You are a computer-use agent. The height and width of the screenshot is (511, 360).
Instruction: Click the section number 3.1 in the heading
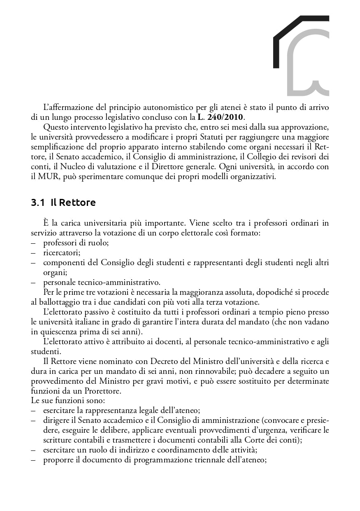point(38,202)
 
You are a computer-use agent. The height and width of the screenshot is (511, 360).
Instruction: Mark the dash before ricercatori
point(33,252)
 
